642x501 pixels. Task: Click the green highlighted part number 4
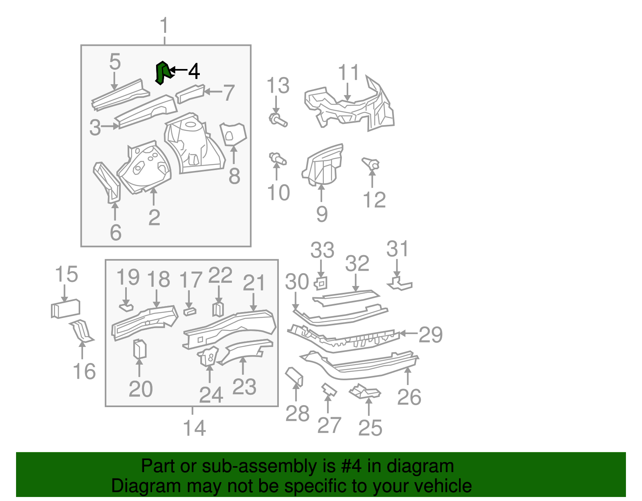click(x=162, y=73)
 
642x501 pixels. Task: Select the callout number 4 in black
click(x=194, y=71)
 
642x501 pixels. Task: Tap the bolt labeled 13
click(x=278, y=120)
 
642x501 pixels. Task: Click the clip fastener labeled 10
click(x=277, y=159)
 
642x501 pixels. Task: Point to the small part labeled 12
click(x=371, y=164)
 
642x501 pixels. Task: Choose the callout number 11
click(x=348, y=73)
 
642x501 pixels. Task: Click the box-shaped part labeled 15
click(x=66, y=309)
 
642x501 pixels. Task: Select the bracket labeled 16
click(x=82, y=331)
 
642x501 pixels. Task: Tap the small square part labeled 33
click(x=321, y=283)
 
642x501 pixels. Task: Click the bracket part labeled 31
click(x=399, y=283)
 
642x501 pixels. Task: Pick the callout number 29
click(x=430, y=335)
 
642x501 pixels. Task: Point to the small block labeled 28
click(x=295, y=376)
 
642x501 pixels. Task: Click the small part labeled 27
click(x=329, y=389)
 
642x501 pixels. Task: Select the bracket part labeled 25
click(x=365, y=392)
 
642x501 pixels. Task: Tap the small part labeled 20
click(x=140, y=349)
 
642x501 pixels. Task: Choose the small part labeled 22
click(x=217, y=309)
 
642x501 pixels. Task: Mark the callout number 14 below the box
click(x=194, y=428)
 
